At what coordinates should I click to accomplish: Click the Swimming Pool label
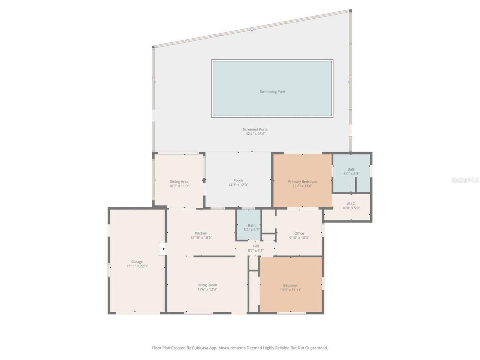(272, 91)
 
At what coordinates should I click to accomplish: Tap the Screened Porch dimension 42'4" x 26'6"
(255, 134)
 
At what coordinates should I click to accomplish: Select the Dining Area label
(179, 181)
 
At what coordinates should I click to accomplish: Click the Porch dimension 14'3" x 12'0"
(238, 185)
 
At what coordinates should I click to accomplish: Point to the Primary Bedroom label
(302, 181)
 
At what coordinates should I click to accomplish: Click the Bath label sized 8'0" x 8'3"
(351, 169)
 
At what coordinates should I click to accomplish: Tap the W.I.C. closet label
(351, 204)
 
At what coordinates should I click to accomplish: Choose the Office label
(299, 233)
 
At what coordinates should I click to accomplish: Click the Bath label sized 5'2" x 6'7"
(252, 225)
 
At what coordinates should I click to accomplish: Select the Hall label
(256, 246)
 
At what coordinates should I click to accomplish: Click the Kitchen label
(201, 233)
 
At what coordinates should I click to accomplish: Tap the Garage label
(137, 262)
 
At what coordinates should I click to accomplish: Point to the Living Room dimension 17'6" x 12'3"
(207, 289)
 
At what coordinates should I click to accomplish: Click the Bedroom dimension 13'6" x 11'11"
(291, 290)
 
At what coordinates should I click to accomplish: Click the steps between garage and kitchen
(162, 249)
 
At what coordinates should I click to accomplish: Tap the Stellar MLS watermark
(465, 180)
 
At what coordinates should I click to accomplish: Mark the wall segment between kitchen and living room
(214, 256)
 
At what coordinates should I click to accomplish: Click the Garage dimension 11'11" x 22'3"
(137, 266)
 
